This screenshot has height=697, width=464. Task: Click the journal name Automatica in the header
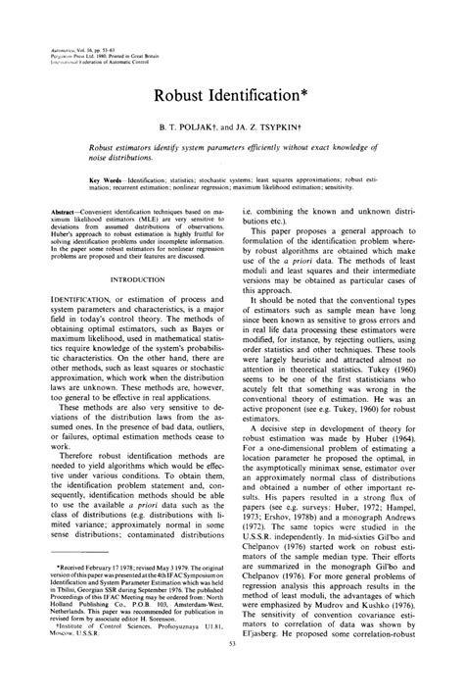point(70,46)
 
